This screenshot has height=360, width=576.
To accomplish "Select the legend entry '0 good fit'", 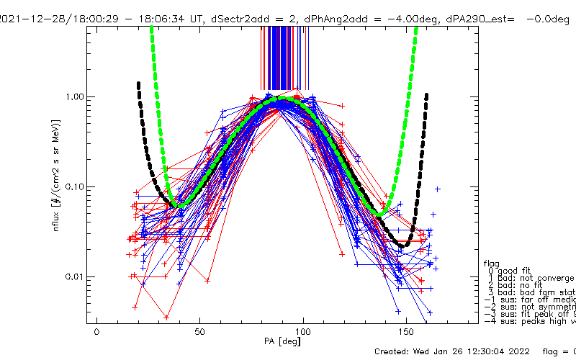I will coord(518,270).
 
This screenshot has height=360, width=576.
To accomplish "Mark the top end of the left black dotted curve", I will coord(138,84).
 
